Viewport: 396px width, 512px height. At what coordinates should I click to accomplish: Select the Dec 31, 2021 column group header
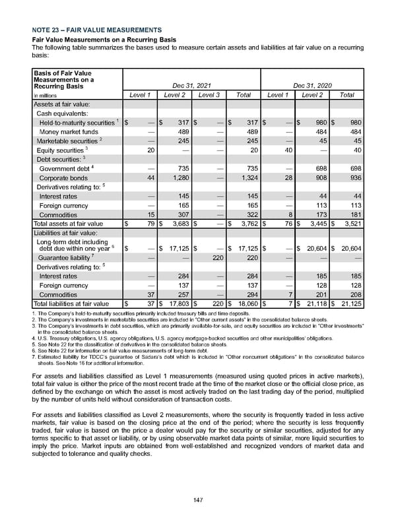pos(193,85)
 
